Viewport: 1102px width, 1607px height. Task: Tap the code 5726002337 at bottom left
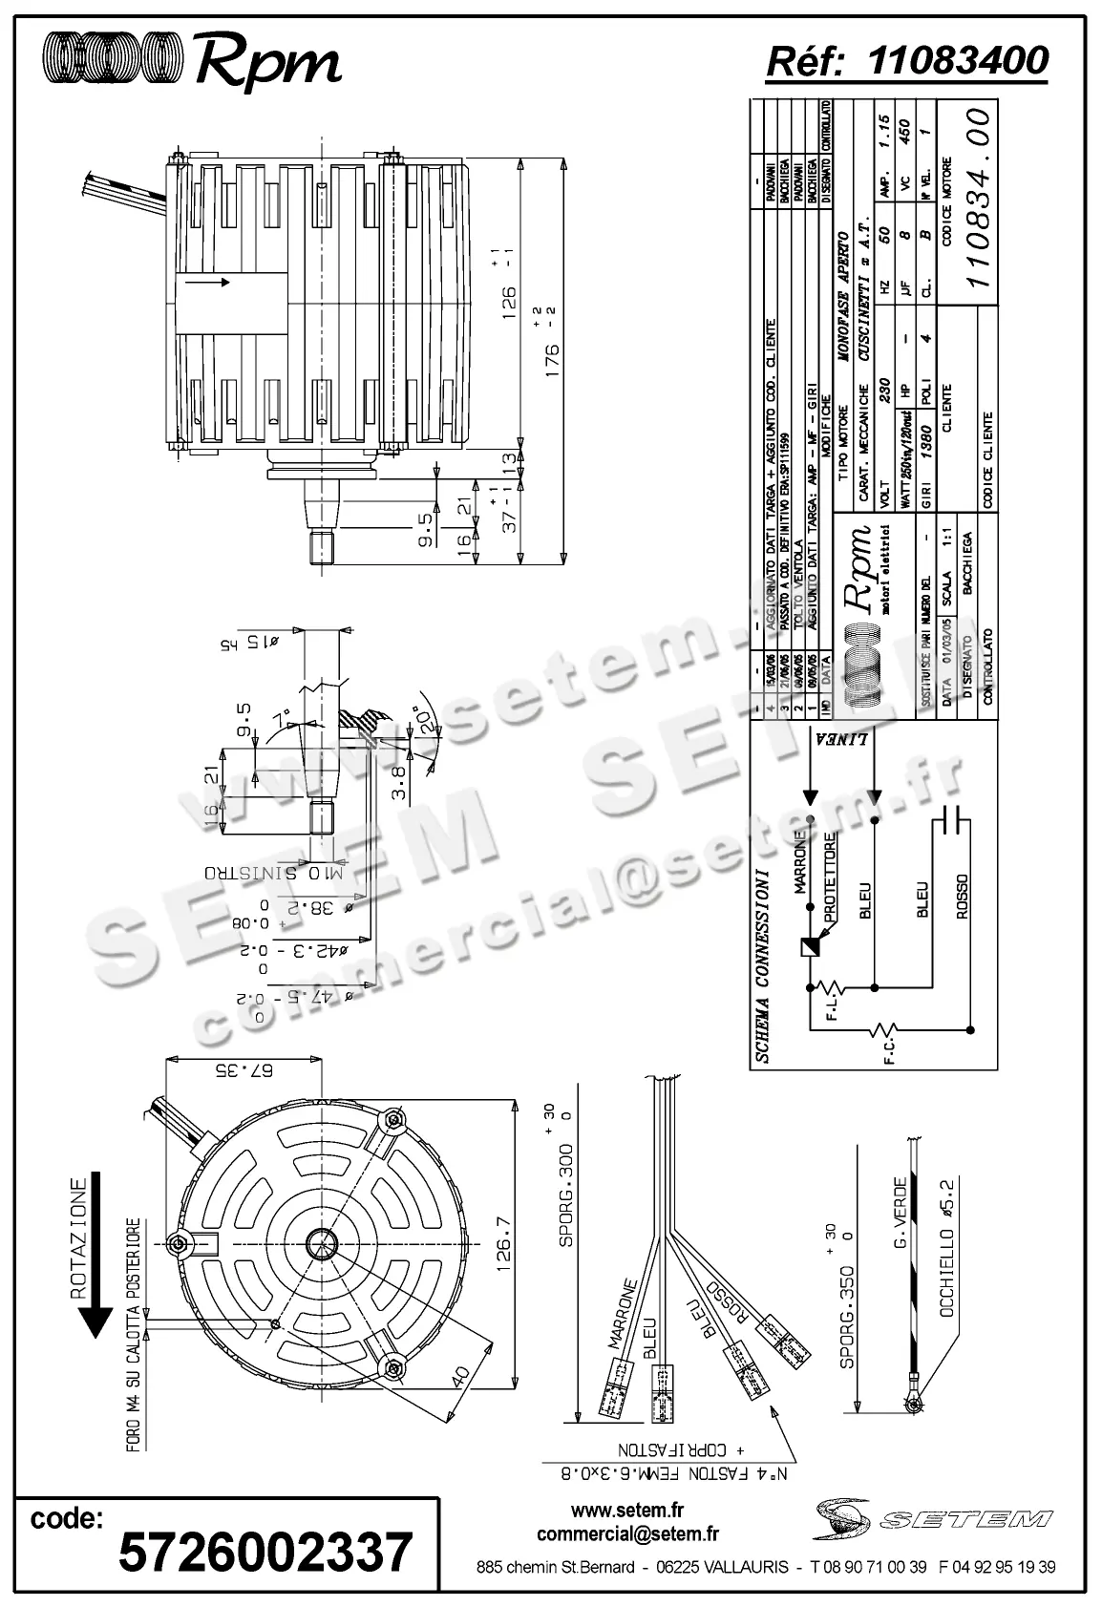[x=265, y=1551]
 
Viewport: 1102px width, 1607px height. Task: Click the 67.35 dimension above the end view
[x=244, y=1069]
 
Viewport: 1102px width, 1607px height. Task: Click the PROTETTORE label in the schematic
[x=831, y=878]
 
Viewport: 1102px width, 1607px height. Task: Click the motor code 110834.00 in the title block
[x=981, y=195]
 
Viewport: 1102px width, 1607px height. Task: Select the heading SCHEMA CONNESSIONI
[x=762, y=965]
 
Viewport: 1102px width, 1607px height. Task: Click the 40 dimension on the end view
[x=460, y=1376]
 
